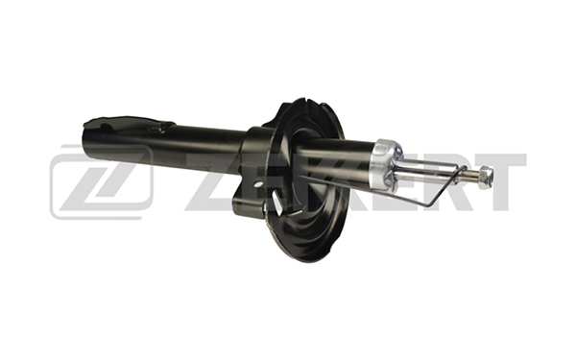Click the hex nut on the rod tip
pos(486,178)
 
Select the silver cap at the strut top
pos(386,164)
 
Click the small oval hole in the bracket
pos(258,183)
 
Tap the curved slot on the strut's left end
pos(107,127)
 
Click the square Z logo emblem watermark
pos(102,182)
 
